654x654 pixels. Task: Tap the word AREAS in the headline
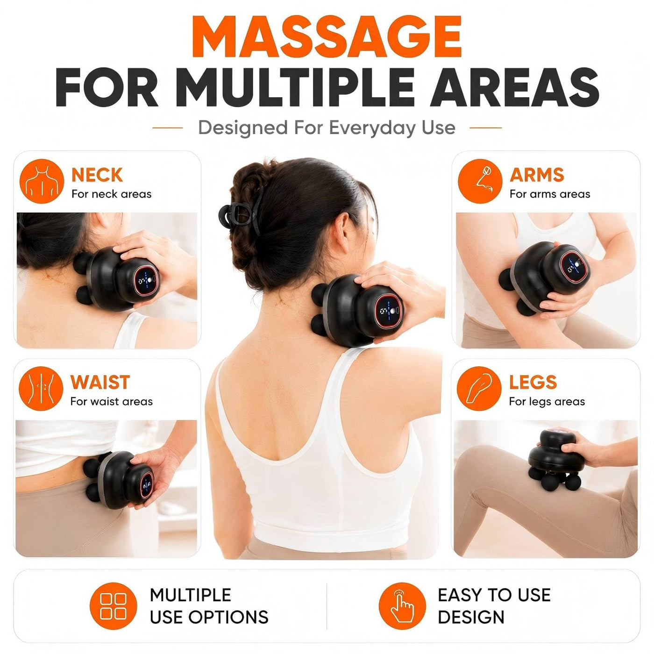tap(514, 87)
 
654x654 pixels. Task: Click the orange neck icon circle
tap(42, 181)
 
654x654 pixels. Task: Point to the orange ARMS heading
tap(537, 175)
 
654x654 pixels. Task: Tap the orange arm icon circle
tap(480, 181)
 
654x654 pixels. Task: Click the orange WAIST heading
tap(100, 382)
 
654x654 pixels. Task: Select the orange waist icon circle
tap(41, 389)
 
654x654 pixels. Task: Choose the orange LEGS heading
tap(533, 382)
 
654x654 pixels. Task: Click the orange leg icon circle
tap(479, 389)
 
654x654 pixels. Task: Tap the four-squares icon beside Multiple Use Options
tap(114, 606)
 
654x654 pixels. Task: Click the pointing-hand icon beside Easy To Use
tap(402, 606)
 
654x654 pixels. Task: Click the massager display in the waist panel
tap(147, 486)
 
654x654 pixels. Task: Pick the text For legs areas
tap(547, 402)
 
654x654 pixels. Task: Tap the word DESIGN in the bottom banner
tap(471, 617)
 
